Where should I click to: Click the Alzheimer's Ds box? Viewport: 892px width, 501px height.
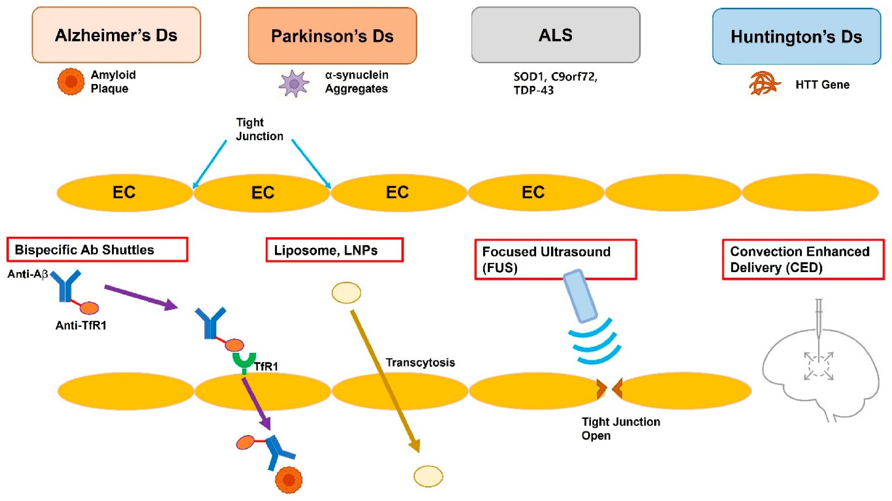click(x=116, y=35)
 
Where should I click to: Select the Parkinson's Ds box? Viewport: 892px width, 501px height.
click(x=332, y=36)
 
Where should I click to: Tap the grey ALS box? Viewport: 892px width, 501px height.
click(x=556, y=35)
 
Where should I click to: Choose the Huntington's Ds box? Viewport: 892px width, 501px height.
click(x=796, y=36)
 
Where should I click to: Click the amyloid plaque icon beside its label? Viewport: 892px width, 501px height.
click(x=71, y=82)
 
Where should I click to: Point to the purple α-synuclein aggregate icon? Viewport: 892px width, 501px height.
click(x=294, y=84)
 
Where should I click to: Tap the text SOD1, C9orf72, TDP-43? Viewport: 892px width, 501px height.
click(x=555, y=83)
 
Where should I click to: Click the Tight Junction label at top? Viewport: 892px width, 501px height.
click(x=259, y=129)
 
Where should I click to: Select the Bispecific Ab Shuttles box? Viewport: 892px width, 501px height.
click(x=98, y=250)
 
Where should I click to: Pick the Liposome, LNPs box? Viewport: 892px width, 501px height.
click(x=334, y=250)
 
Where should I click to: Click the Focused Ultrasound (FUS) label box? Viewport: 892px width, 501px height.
click(x=556, y=260)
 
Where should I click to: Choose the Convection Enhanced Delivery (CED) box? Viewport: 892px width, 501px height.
click(x=803, y=260)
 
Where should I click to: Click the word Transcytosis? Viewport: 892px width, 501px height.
click(x=420, y=363)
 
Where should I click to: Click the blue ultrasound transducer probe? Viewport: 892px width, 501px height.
click(x=580, y=296)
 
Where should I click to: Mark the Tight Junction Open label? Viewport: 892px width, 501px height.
click(x=621, y=429)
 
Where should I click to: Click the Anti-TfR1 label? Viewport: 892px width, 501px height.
click(x=81, y=325)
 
